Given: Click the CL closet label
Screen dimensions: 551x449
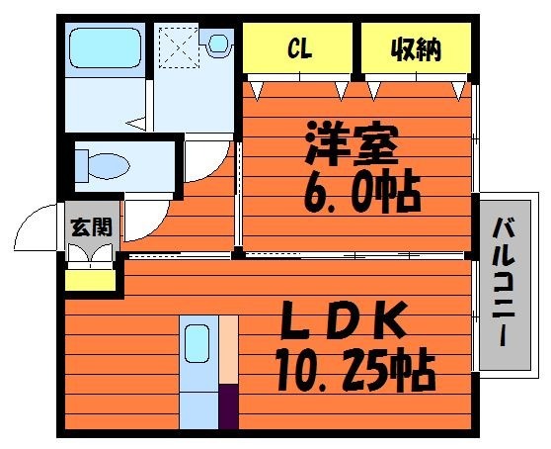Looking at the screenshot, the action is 299,49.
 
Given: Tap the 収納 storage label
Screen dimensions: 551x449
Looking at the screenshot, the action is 416,49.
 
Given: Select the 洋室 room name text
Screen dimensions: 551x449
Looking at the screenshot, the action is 353,143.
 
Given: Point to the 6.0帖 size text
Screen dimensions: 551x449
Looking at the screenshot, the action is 362,192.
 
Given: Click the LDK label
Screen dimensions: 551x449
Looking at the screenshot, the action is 344,319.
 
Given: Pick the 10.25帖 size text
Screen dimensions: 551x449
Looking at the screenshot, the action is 354,370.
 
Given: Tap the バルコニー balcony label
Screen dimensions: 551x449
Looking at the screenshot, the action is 504,283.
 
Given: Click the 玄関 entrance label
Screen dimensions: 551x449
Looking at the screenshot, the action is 92,227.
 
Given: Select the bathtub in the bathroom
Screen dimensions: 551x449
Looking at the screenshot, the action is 105,47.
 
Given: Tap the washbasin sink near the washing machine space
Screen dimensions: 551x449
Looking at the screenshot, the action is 218,44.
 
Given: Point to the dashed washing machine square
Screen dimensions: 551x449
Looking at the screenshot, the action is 179,47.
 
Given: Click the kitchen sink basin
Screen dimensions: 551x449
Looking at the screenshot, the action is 197,343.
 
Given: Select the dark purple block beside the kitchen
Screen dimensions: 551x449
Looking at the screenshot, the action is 229,406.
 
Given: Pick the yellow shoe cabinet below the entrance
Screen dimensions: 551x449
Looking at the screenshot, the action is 91,281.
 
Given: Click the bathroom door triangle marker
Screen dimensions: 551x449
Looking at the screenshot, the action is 136,124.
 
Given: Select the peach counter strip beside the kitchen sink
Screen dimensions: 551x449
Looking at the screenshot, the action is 229,350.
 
